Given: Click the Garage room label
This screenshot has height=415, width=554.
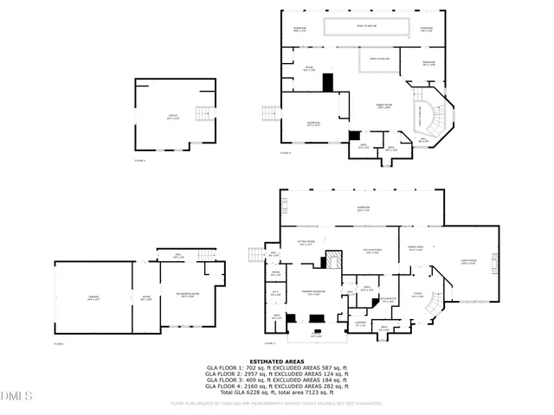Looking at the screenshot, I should tap(93, 297).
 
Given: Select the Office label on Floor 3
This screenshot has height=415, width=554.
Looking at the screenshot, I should tap(172, 118).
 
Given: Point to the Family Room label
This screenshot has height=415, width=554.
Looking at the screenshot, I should tap(383, 105).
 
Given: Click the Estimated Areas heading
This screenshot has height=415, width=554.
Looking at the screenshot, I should tap(276, 361).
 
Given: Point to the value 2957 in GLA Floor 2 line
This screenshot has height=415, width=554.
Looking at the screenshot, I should tap(249, 373).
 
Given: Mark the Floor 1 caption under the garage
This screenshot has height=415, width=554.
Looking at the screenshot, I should tap(60, 343).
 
